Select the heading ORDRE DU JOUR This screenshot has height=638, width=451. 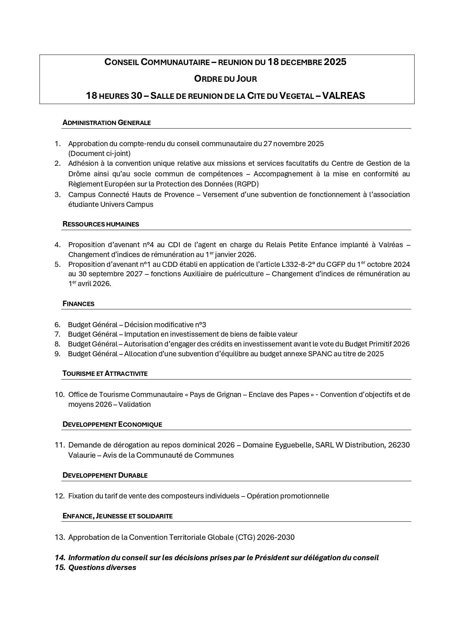coord(225,79)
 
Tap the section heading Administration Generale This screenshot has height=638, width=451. coord(106,123)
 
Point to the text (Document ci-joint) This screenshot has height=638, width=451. coord(99,153)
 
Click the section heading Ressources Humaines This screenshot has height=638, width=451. coord(101,224)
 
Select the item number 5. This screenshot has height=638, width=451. coord(57,264)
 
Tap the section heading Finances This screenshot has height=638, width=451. coord(78,304)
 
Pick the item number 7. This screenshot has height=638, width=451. coord(57,334)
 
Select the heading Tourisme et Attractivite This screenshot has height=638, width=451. coord(105,374)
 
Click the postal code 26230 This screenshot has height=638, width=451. coord(399,445)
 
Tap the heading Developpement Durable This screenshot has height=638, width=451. coord(105,476)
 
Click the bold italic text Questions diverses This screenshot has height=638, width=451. coord(102,567)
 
